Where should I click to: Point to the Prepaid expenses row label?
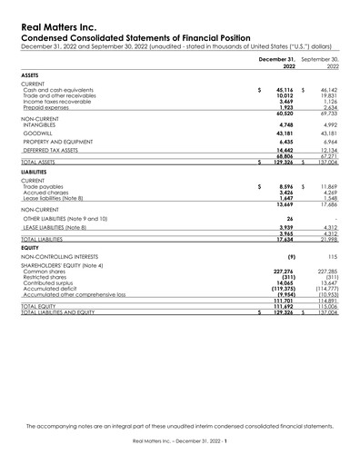(46, 107)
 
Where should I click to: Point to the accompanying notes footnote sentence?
(179, 425)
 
